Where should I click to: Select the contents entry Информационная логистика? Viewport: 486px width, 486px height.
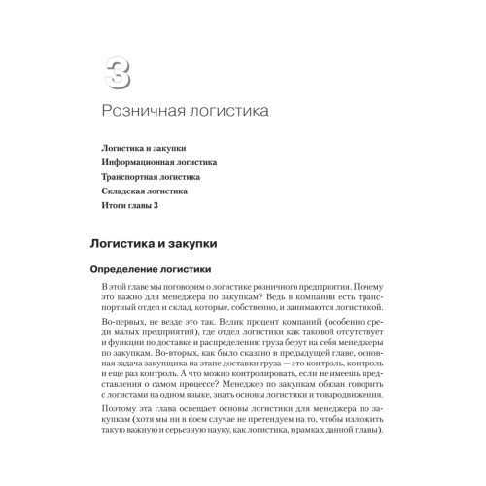(159, 162)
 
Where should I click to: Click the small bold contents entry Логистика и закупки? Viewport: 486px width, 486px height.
(144, 148)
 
